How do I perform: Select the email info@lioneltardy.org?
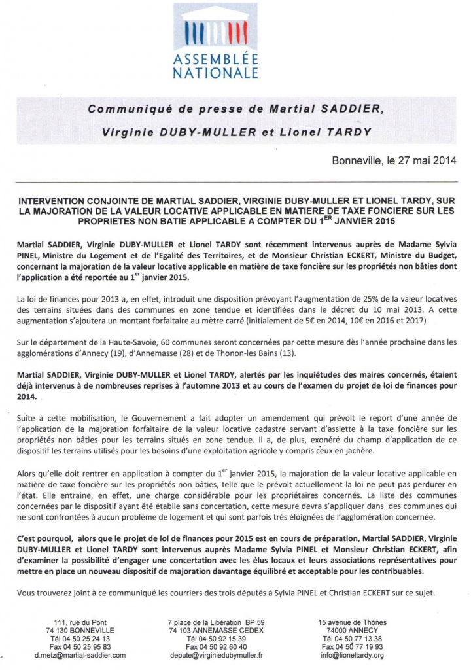[352, 654]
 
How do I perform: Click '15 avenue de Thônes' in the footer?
[352, 622]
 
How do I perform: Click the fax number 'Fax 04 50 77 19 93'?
[352, 646]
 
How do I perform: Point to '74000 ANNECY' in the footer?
[352, 630]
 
